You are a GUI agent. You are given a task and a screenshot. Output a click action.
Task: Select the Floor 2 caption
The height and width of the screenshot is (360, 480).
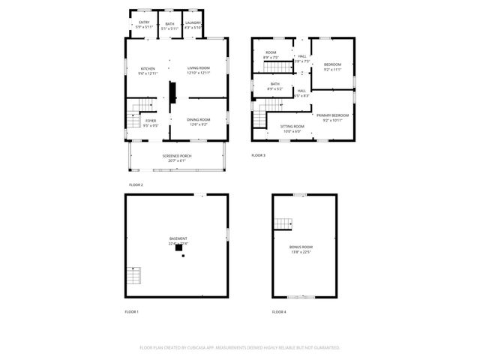click(136, 184)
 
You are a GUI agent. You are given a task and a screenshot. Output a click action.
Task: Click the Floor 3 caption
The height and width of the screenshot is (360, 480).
click(258, 155)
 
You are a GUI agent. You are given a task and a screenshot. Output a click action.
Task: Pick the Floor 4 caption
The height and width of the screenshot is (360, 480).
click(279, 311)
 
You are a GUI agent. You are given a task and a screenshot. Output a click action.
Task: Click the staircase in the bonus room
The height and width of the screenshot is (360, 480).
click(283, 223)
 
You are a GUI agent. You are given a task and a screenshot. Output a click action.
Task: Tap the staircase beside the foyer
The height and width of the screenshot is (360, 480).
click(133, 117)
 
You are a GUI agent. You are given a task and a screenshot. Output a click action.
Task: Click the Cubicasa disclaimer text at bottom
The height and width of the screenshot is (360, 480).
click(240, 348)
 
